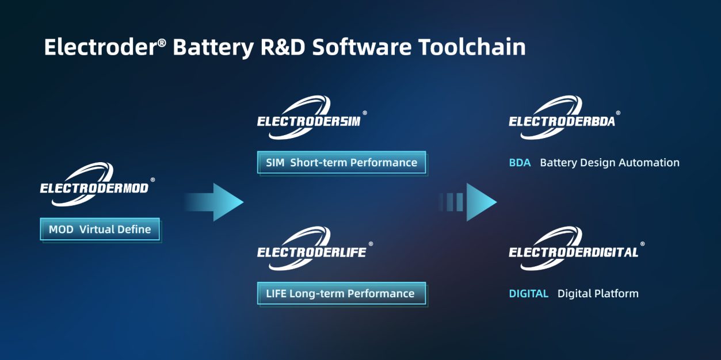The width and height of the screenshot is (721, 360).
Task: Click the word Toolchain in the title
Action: point(472,47)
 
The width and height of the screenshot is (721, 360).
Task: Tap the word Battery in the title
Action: point(213,48)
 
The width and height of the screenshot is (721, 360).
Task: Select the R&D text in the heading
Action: point(283,47)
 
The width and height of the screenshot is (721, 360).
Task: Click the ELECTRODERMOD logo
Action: point(97,184)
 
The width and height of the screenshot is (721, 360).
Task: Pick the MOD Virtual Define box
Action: point(100,229)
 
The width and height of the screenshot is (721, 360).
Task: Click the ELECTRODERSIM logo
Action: point(312,117)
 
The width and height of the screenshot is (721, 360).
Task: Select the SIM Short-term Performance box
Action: point(342,163)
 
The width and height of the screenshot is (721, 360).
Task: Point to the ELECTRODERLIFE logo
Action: point(315,248)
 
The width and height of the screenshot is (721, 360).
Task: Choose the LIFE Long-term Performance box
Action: point(342,293)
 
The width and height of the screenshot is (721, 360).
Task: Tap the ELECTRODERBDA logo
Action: point(564,117)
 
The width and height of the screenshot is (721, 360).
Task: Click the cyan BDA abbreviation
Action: point(520,163)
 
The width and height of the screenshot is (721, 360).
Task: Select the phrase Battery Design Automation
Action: point(609,163)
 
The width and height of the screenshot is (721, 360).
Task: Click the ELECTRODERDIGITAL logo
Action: point(577,248)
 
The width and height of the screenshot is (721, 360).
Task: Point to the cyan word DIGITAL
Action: point(528,294)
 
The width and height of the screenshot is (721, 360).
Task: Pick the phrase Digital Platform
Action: point(598,294)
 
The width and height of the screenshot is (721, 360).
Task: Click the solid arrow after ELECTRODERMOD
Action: point(215,202)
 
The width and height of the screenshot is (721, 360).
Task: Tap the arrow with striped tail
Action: point(468,202)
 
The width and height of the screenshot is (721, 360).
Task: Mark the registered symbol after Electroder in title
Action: point(162,43)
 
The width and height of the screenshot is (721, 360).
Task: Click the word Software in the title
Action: point(362,47)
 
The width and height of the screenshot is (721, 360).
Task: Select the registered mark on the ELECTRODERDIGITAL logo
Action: point(643,244)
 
